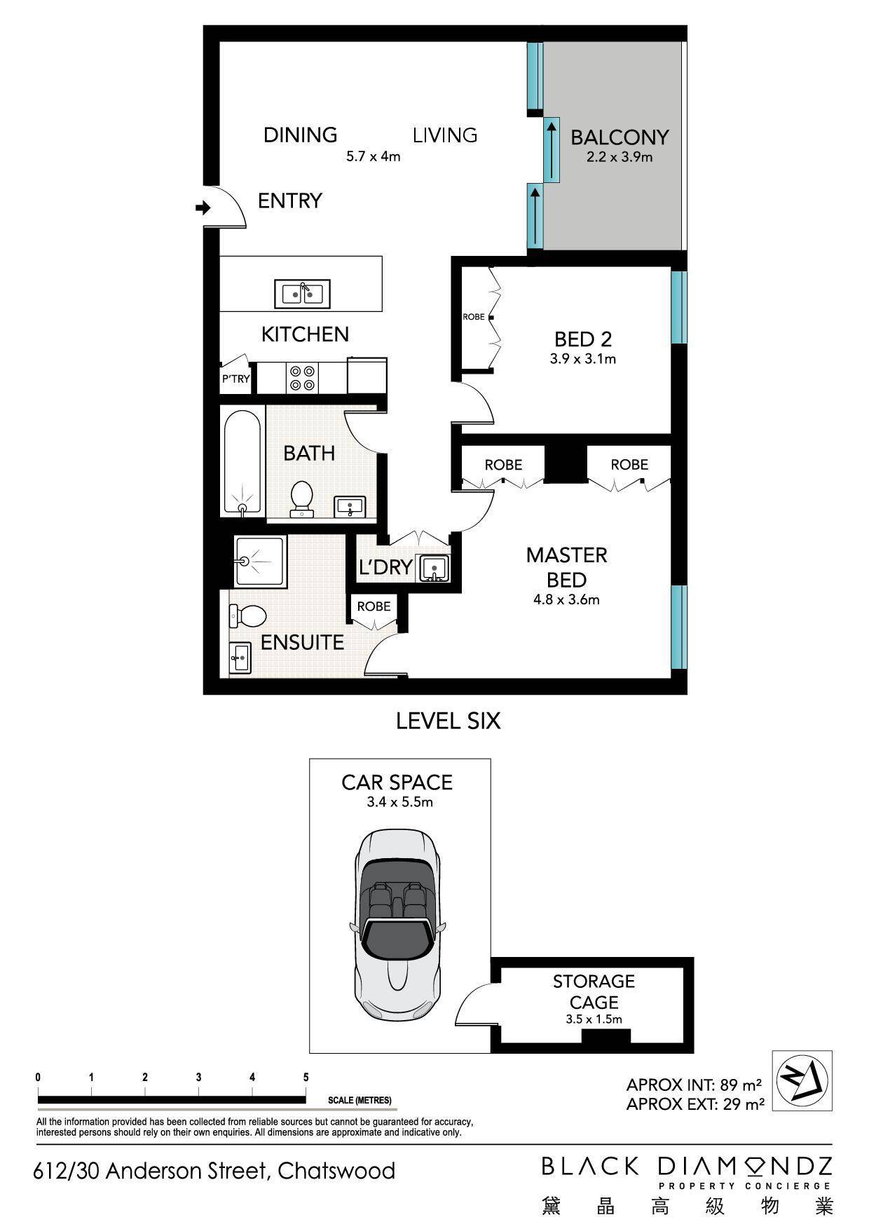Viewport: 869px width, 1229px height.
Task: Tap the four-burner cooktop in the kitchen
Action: tap(303, 379)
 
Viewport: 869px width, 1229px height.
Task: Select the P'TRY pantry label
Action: tap(235, 379)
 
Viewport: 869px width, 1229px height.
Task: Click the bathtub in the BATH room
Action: tap(243, 463)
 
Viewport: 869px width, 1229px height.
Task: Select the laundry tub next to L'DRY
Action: tap(434, 567)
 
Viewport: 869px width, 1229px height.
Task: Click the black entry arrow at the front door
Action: tap(203, 208)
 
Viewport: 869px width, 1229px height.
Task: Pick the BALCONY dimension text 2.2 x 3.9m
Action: tap(620, 157)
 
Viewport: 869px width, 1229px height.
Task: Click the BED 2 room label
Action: tap(583, 339)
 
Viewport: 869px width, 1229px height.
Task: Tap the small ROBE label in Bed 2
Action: tap(474, 317)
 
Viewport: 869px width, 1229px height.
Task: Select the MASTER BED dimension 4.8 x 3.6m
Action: tap(566, 599)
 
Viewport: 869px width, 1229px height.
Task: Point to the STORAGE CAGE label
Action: tap(594, 991)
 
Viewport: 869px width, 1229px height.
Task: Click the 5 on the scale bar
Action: tap(306, 1078)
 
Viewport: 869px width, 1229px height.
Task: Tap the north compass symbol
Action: tap(802, 1080)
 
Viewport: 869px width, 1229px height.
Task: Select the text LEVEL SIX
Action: tap(449, 721)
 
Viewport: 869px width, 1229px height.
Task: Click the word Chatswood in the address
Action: tap(336, 1171)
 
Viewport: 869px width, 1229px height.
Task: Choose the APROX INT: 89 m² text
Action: tap(694, 1085)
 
